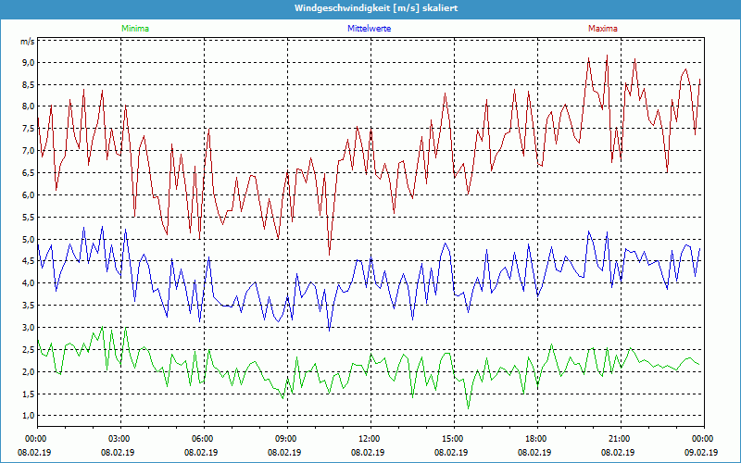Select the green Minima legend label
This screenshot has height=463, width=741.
(134, 29)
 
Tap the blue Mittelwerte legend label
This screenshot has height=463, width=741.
(369, 29)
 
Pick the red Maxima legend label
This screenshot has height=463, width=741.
(603, 29)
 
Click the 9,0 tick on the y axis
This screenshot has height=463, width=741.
(28, 63)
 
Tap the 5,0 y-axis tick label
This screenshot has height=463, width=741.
(28, 240)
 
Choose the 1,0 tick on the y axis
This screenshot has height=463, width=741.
(28, 416)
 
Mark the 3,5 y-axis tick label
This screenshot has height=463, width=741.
(28, 306)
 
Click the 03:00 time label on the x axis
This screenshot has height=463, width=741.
(119, 439)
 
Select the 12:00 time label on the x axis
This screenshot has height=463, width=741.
(370, 439)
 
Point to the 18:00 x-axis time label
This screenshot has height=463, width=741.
(536, 439)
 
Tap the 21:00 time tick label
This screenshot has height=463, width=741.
(620, 439)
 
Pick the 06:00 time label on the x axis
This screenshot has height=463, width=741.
(203, 439)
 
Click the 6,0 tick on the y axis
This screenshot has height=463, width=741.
(28, 195)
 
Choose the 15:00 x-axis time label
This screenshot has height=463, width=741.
(453, 439)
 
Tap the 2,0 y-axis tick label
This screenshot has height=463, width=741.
(28, 372)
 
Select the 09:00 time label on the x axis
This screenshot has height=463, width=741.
(286, 439)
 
